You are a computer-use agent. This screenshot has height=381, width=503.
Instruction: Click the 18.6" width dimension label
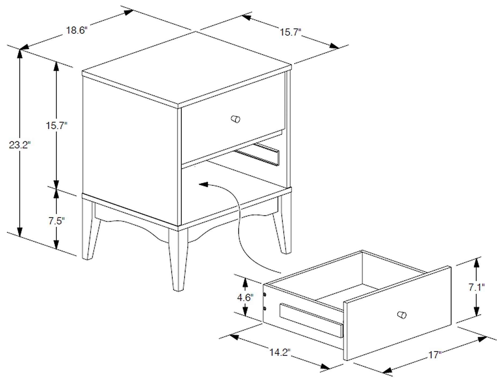(77, 31)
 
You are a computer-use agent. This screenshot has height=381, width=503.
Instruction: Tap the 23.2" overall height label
(20, 145)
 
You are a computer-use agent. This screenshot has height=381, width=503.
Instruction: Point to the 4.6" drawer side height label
(245, 298)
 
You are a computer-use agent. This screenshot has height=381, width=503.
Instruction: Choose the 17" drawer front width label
(435, 355)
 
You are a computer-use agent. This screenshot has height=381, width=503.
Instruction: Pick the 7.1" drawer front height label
(476, 287)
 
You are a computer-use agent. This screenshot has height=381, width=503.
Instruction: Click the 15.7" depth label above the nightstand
(291, 33)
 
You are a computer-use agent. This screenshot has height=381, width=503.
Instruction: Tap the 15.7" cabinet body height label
(56, 126)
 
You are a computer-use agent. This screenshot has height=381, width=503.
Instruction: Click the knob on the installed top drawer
(236, 119)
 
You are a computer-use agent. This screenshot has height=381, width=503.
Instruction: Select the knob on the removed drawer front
(402, 315)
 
